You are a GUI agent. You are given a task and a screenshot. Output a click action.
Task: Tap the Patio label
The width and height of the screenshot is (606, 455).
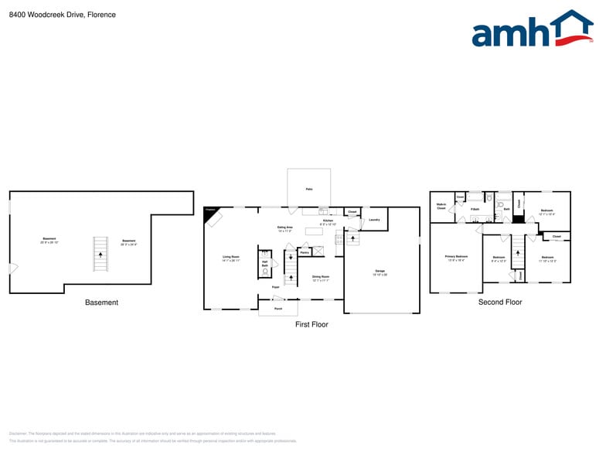point(309,189)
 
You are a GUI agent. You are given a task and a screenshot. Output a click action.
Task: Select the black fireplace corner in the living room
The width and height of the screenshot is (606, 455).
point(209,212)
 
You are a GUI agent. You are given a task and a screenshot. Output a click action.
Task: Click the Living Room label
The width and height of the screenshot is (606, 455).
point(231,258)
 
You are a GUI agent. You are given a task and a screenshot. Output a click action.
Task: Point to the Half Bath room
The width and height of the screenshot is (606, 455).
point(265,265)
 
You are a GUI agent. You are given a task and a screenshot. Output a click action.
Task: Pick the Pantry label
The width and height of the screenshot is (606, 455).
point(305,252)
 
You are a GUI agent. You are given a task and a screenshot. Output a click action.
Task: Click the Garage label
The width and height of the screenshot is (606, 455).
point(380,272)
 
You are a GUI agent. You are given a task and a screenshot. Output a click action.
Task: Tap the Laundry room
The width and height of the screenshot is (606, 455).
point(374,220)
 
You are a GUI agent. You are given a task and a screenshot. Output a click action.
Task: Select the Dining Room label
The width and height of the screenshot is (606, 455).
point(321,277)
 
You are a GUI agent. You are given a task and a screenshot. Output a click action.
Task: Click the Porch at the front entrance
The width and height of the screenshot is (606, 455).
point(277,309)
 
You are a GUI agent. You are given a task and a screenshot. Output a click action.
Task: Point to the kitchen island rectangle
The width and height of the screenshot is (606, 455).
point(314,231)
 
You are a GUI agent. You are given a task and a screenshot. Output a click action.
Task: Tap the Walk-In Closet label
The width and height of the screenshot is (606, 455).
point(441,207)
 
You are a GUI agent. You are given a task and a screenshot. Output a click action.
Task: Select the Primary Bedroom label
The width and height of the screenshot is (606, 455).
point(456,257)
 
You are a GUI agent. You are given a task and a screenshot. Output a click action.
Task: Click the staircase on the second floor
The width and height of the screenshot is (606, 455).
point(518,252)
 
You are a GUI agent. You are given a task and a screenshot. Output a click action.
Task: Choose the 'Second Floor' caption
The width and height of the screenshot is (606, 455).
point(500,303)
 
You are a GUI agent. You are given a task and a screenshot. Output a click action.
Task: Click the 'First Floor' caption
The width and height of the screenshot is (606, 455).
point(312,325)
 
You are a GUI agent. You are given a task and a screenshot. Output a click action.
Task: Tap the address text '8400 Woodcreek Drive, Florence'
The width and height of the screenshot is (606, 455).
point(63,15)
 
